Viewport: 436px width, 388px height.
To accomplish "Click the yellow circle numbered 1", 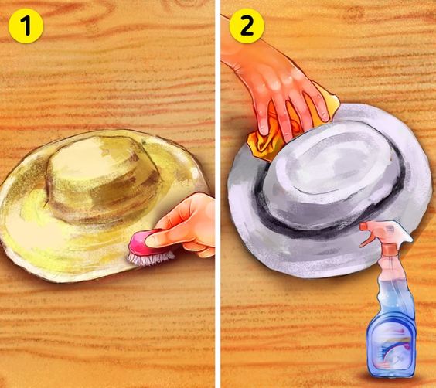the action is pos(26,26).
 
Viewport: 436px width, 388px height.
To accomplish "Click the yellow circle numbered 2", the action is pos(247,26).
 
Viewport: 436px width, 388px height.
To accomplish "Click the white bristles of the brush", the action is pos(150,259).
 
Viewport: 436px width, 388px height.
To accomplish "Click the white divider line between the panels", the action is pos(218,194).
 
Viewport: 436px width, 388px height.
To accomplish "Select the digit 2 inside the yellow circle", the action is pos(247,26).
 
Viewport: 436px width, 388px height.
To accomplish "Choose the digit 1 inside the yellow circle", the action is pos(26,26).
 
